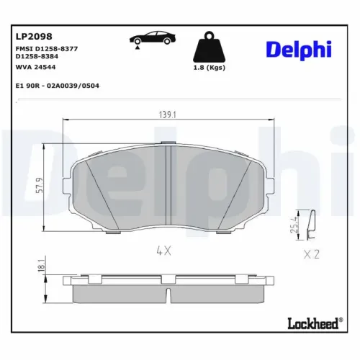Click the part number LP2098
click(29, 35)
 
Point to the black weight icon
click(209, 48)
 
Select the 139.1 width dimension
click(168, 113)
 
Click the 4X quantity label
click(163, 251)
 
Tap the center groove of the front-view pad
click(168, 180)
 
